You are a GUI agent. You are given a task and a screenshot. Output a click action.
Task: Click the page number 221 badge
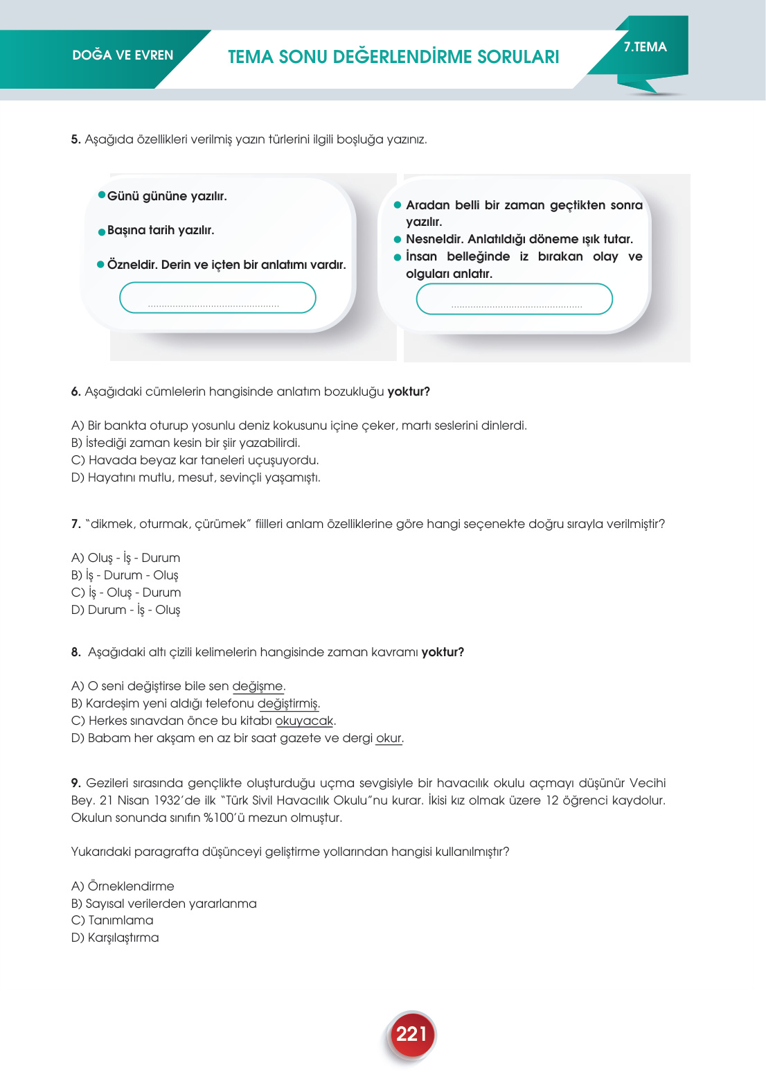pyautogui.click(x=411, y=1035)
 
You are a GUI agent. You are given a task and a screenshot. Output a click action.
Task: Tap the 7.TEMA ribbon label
pyautogui.click(x=645, y=47)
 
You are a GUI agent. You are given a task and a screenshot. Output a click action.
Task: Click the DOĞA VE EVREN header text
pyautogui.click(x=123, y=55)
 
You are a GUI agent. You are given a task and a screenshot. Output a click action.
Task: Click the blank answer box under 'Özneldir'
pyautogui.click(x=217, y=298)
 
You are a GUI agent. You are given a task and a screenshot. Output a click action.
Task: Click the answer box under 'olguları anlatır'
pyautogui.click(x=514, y=299)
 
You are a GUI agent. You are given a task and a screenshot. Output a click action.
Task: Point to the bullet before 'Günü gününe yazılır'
pyautogui.click(x=102, y=195)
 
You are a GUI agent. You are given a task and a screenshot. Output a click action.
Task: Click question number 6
pyautogui.click(x=75, y=392)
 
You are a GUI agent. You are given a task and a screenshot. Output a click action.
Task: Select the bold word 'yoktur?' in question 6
pyautogui.click(x=409, y=392)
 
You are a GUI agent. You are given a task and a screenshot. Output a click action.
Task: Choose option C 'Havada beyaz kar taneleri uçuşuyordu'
pyautogui.click(x=195, y=460)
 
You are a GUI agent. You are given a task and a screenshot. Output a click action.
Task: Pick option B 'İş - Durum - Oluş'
pyautogui.click(x=125, y=575)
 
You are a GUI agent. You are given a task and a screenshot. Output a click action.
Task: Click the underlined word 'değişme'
pyautogui.click(x=257, y=686)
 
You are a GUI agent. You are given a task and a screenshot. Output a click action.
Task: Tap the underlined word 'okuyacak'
pyautogui.click(x=304, y=721)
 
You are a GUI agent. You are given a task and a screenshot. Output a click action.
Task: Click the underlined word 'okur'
pyautogui.click(x=388, y=738)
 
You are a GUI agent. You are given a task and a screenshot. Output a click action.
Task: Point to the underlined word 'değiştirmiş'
pyautogui.click(x=287, y=703)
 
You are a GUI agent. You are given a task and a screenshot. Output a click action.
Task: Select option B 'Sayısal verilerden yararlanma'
pyautogui.click(x=163, y=904)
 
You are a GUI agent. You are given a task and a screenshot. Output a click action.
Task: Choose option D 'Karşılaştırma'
pyautogui.click(x=115, y=938)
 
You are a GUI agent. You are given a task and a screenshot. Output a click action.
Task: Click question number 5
pyautogui.click(x=75, y=140)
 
